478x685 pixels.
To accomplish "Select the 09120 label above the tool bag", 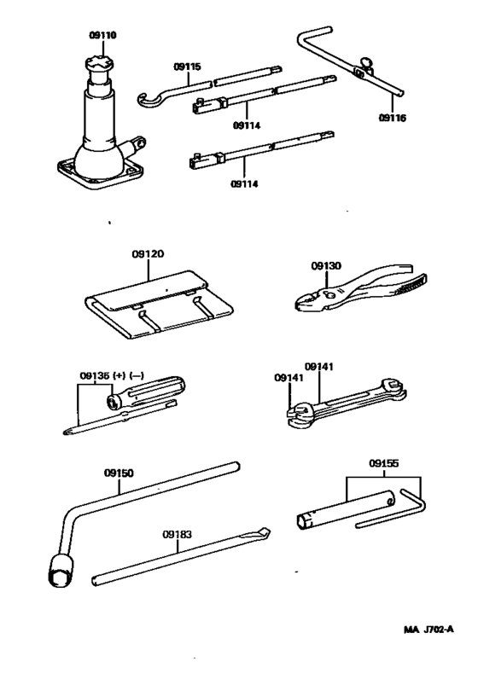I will pos(148,254).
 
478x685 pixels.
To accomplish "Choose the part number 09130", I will pos(326,265).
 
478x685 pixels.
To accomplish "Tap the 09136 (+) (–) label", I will pos(108,375).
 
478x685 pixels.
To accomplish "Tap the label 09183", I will pos(177,535).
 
